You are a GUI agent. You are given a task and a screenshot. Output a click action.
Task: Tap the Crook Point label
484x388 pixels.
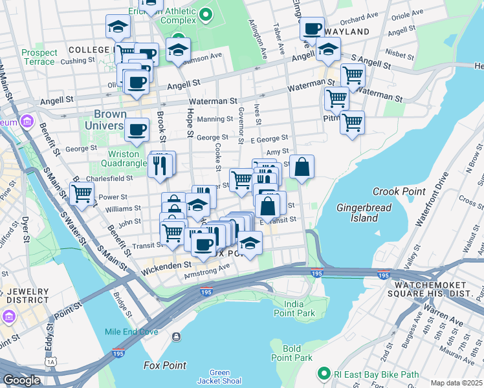399,191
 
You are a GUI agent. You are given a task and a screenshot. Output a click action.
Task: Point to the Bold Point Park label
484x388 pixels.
292,353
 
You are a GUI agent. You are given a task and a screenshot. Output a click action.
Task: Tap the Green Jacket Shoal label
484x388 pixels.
219,376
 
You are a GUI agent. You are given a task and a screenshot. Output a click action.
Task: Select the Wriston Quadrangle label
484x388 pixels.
123,158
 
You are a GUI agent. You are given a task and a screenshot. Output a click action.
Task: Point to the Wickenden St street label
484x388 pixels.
166,264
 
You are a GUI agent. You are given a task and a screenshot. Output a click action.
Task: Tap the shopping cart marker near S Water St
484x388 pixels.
82,192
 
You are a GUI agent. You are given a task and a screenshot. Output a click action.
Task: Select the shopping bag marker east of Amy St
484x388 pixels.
302,167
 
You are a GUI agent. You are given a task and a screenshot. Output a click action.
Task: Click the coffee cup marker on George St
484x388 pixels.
137,129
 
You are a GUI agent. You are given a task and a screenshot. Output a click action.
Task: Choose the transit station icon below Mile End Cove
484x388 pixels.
176,336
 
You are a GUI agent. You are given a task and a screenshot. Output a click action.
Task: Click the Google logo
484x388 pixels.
21,380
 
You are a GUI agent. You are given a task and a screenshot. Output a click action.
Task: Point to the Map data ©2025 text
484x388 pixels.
456,383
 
